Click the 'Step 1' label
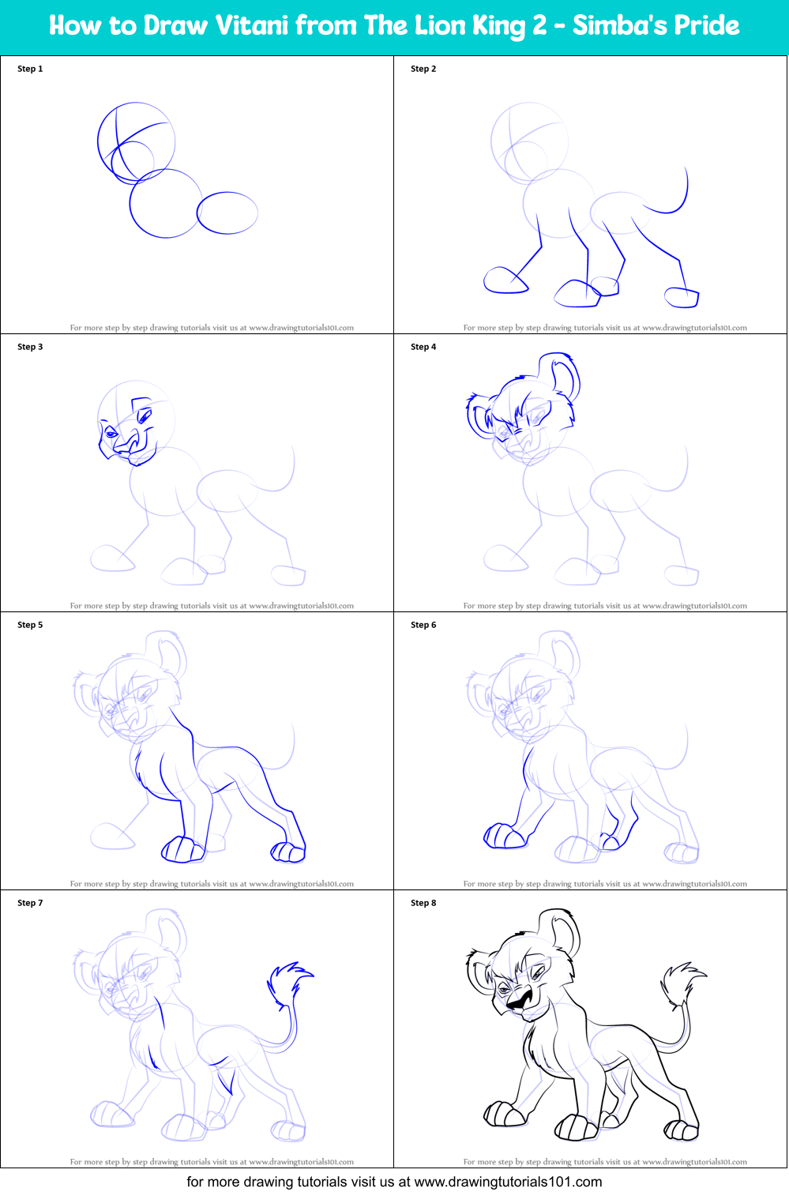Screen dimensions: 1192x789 click(30, 69)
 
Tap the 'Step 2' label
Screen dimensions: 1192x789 click(423, 69)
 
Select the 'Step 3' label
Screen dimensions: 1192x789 click(30, 347)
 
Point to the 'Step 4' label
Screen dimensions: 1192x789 click(423, 347)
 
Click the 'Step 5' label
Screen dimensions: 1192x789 click(30, 625)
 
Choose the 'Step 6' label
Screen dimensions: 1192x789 click(423, 625)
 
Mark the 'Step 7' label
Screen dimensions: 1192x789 click(30, 903)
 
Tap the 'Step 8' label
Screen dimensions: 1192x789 click(423, 903)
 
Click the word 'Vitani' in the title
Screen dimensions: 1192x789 click(253, 25)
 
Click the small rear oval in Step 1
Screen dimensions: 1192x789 click(227, 212)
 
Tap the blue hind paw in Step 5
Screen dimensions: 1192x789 click(288, 852)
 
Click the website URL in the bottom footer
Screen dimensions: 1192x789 click(508, 1182)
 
